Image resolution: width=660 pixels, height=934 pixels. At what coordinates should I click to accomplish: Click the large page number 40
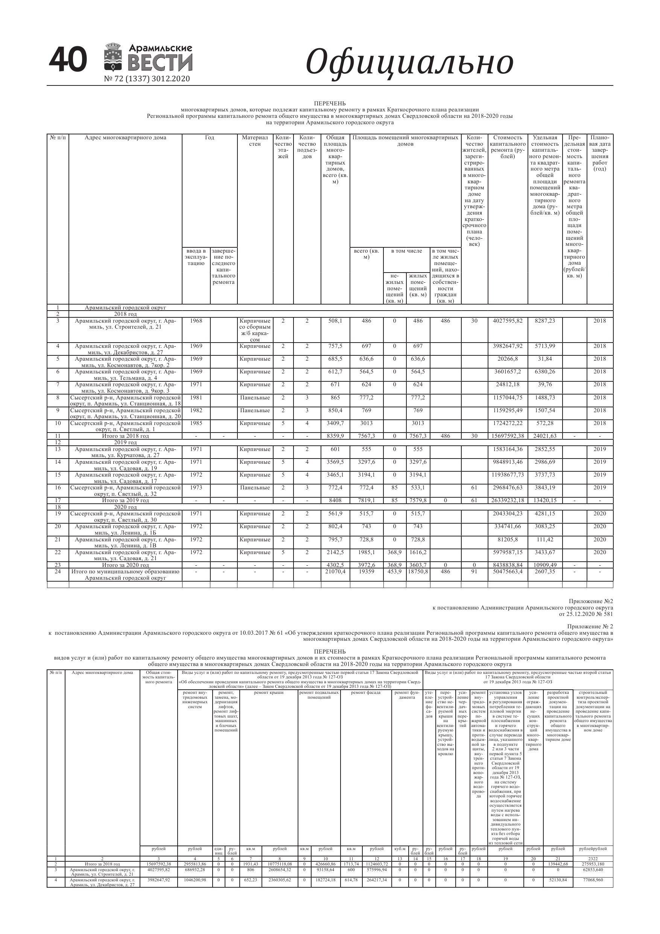[x=67, y=60]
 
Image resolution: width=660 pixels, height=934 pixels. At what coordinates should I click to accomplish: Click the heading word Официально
[x=409, y=61]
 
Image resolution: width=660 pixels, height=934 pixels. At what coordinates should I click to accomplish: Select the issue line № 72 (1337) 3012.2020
[x=147, y=79]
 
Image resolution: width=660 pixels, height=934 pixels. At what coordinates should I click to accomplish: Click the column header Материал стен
[x=255, y=141]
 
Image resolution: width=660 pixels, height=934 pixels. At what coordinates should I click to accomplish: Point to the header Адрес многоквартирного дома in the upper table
[x=125, y=137]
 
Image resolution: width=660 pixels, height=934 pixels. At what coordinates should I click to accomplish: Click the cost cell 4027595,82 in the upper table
[x=507, y=321]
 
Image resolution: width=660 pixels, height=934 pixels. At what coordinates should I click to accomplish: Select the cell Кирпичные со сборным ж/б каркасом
[x=255, y=330]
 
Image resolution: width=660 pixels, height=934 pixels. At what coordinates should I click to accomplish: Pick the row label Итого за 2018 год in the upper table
[x=125, y=436]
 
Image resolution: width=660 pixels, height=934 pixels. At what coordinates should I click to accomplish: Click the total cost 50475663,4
[x=507, y=571]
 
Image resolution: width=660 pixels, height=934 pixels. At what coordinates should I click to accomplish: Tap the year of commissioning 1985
[x=196, y=424]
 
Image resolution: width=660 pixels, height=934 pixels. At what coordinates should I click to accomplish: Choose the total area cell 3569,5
[x=335, y=462]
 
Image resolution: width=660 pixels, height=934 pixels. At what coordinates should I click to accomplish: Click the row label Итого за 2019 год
[x=125, y=501]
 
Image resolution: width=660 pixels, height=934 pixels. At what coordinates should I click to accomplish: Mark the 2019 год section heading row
[x=125, y=443]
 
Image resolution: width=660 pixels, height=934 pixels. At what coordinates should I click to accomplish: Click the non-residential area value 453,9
[x=394, y=571]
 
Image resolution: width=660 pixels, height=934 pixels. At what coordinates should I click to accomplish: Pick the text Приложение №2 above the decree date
[x=590, y=601]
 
